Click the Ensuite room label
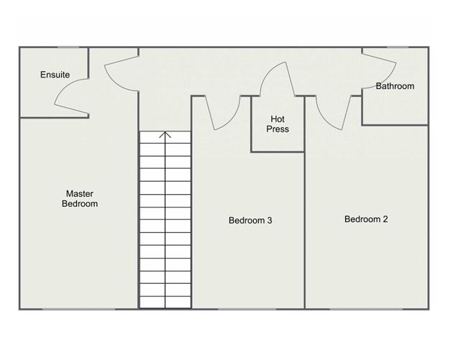55,75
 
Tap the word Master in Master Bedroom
80,193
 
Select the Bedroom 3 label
249,221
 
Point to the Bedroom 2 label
366,219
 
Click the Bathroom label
395,86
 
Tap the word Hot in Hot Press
278,119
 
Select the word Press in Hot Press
278,129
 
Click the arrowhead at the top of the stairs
165,134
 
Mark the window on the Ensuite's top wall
68,48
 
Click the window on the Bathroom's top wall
398,48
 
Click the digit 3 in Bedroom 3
269,221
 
